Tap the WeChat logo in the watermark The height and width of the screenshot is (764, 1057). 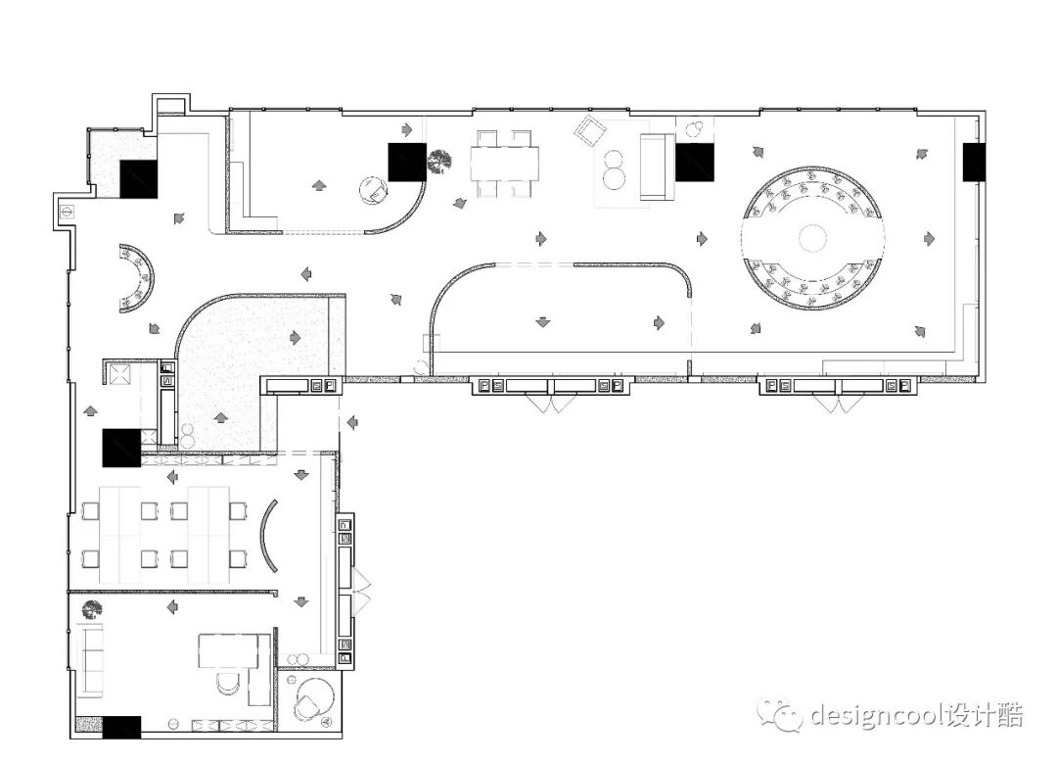pos(780,714)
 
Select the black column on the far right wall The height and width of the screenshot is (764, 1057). pos(974,162)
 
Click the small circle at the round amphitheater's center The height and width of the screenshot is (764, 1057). pos(812,238)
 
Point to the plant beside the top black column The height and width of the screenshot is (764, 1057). pos(438,162)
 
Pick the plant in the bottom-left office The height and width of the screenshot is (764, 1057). pos(91,610)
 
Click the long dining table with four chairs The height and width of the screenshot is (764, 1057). pos(504,164)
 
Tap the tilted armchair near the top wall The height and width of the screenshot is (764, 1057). pos(590,131)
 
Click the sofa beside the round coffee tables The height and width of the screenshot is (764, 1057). pos(658,167)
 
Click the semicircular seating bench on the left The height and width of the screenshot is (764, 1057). pos(136,278)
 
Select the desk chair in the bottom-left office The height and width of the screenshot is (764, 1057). pos(228,683)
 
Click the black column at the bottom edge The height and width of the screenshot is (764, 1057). pos(121,728)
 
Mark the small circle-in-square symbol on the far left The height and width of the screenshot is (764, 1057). pos(67,211)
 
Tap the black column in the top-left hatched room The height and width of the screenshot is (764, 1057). pos(138,179)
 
